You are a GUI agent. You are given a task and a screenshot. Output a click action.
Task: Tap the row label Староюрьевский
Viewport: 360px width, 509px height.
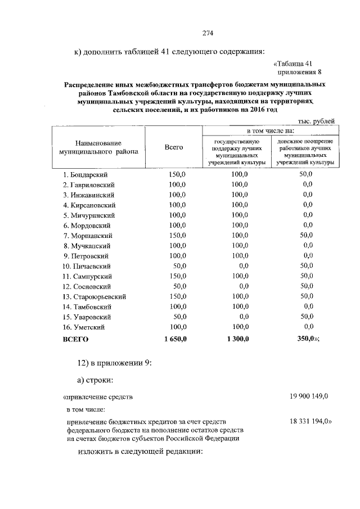(x=94, y=296)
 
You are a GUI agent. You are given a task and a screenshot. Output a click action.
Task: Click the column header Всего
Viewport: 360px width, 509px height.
(x=174, y=147)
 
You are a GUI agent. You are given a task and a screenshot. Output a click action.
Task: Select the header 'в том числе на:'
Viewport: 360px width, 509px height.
(x=269, y=130)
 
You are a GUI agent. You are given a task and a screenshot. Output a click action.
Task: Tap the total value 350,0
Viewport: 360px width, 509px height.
(x=307, y=339)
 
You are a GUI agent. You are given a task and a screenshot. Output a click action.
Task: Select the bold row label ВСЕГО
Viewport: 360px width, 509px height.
(x=75, y=340)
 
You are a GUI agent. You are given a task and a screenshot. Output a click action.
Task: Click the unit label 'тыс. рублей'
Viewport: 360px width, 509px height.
(x=317, y=120)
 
